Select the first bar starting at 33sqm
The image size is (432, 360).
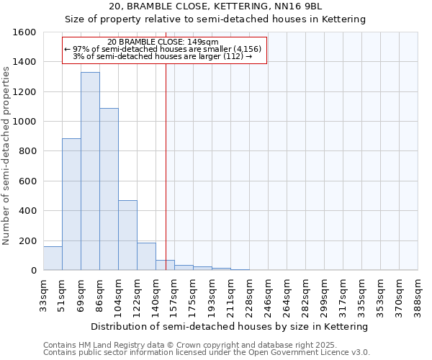(x=53, y=258)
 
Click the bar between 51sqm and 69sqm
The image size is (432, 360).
(x=71, y=204)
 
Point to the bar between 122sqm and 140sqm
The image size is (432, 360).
(x=146, y=256)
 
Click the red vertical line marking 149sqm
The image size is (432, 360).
(x=166, y=166)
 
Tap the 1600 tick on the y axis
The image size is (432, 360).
(x=26, y=32)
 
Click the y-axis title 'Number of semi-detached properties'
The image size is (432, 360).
(x=6, y=153)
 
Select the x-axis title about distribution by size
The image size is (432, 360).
(x=230, y=326)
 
